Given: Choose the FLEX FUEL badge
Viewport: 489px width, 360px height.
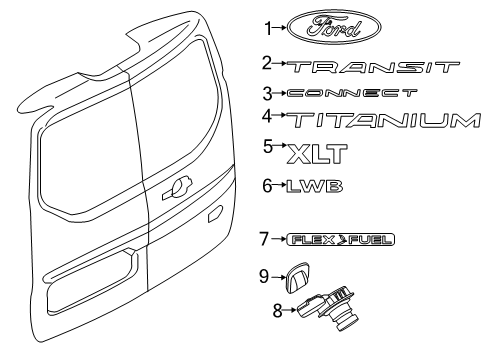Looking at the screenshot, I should click(x=325, y=267).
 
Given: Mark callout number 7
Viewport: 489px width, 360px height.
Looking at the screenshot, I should click(x=265, y=267).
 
